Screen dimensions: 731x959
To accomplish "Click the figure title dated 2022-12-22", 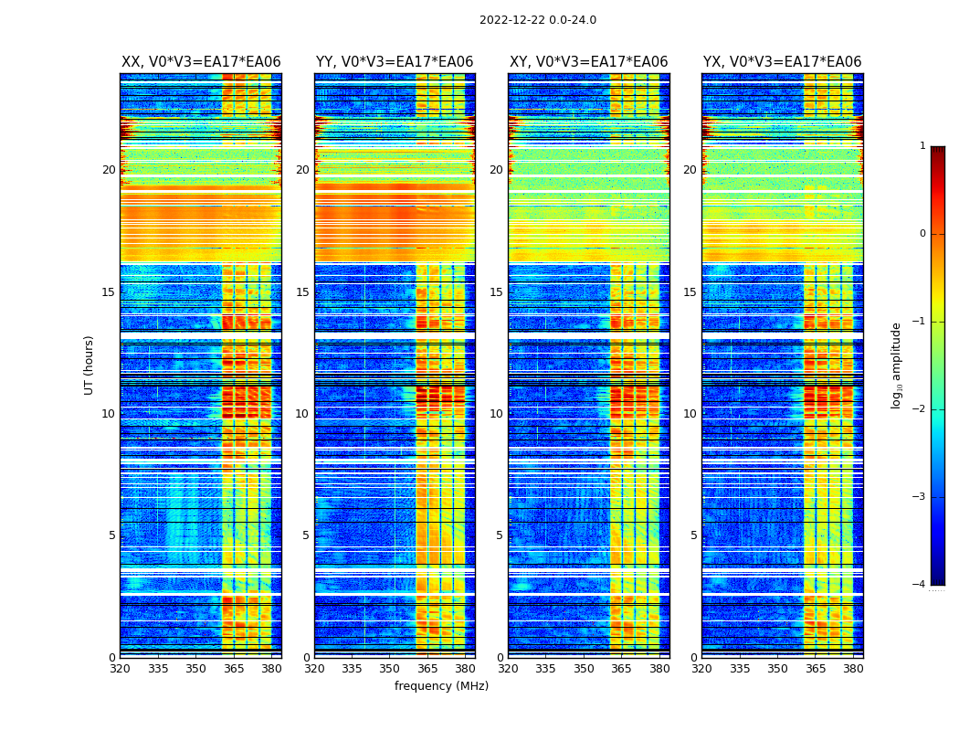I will pyautogui.click(x=537, y=20).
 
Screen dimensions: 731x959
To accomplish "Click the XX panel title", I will pyautogui.click(x=201, y=62).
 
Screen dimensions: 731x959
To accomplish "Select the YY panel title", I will pyautogui.click(x=395, y=62).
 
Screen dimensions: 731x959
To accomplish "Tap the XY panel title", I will pyautogui.click(x=588, y=62).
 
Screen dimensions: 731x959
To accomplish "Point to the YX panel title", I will pyautogui.click(x=782, y=62).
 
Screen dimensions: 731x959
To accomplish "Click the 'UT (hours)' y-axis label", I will pyautogui.click(x=89, y=365).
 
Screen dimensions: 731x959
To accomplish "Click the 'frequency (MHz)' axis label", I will pyautogui.click(x=441, y=686).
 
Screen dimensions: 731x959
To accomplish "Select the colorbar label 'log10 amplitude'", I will pyautogui.click(x=896, y=365).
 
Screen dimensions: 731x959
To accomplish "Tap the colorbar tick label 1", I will pyautogui.click(x=922, y=146).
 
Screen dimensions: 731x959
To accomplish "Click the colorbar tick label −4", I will pyautogui.click(x=920, y=585).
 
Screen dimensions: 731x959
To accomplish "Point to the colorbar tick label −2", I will pyautogui.click(x=920, y=409).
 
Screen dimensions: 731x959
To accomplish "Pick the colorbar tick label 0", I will pyautogui.click(x=922, y=234).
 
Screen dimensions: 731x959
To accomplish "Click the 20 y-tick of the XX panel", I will pyautogui.click(x=109, y=170).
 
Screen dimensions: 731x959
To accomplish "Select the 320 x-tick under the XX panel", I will pyautogui.click(x=120, y=668).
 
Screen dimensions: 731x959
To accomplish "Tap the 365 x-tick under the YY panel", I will pyautogui.click(x=427, y=668).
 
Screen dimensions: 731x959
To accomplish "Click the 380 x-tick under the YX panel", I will pyautogui.click(x=853, y=668).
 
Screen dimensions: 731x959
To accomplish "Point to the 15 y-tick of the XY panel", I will pyautogui.click(x=496, y=292).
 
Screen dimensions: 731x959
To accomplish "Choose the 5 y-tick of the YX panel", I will pyautogui.click(x=693, y=535).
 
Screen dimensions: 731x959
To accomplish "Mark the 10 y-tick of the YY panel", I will pyautogui.click(x=302, y=414).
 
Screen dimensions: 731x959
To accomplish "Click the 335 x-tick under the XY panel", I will pyautogui.click(x=545, y=668).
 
